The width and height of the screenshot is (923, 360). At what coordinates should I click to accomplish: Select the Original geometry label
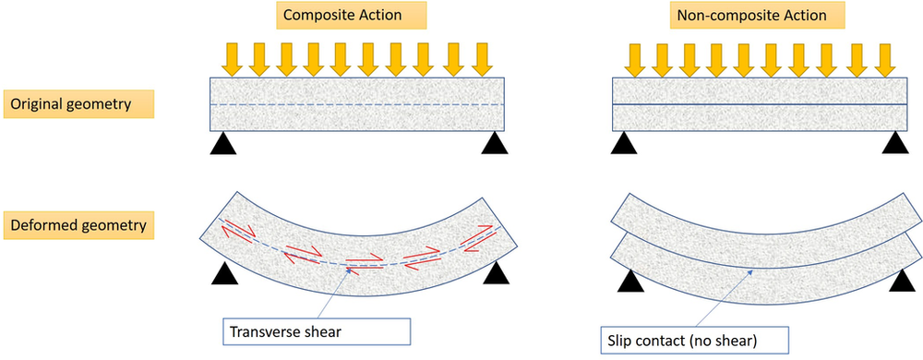[x=78, y=103]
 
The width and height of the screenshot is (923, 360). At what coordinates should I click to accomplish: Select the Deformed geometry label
[x=78, y=224]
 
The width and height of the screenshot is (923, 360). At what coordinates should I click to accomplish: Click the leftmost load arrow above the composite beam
[x=232, y=57]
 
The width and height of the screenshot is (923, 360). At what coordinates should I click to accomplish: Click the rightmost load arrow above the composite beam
[x=481, y=57]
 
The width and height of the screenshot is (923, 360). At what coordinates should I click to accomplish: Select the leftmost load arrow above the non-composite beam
[x=635, y=57]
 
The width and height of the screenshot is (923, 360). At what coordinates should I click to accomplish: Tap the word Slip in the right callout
[x=628, y=339]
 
